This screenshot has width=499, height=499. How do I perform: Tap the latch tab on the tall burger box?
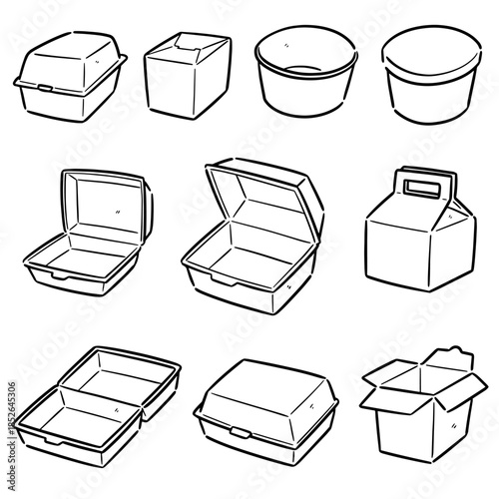click(x=45, y=90)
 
